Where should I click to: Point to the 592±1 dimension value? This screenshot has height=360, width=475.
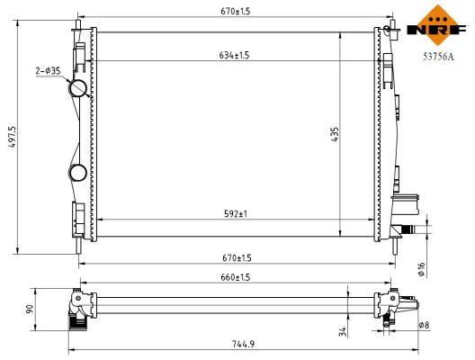237,213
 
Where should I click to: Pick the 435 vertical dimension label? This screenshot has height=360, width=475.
333,135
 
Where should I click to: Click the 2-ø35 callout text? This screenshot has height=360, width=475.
48,70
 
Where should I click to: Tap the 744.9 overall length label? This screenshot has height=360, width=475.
236,343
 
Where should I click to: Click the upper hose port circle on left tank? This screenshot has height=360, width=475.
78,88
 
